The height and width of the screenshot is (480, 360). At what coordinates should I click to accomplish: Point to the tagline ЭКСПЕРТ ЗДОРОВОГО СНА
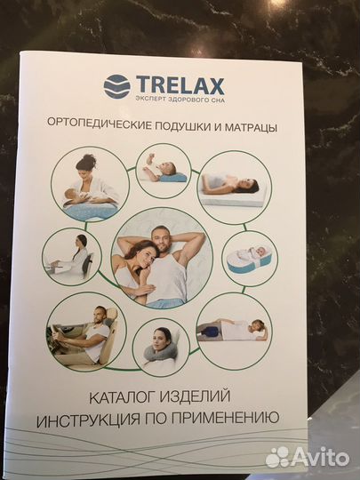click(x=178, y=100)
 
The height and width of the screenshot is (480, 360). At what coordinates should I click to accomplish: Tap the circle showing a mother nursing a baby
click(x=91, y=186)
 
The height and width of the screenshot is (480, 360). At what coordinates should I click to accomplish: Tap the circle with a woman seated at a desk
click(x=73, y=255)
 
